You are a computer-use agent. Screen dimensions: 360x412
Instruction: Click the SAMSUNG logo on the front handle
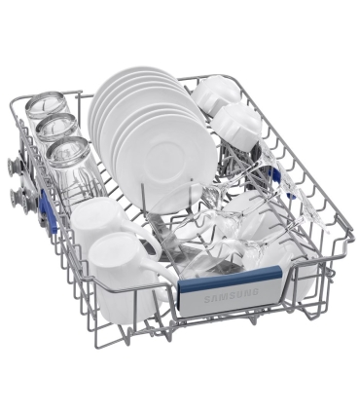pos(231,295)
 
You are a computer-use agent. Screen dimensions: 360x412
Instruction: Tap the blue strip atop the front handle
pos(230,276)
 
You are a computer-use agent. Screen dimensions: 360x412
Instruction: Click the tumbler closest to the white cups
pos(70,163)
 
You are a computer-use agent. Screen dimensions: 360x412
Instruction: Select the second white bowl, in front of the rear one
pos(237,125)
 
